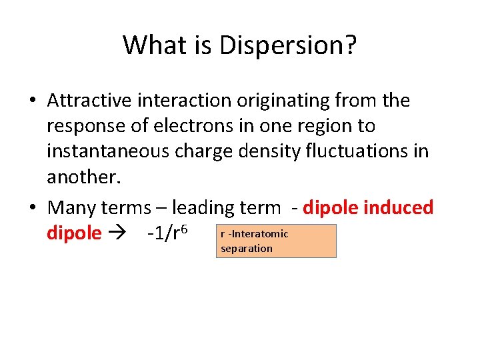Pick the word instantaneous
108,151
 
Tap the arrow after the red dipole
120,234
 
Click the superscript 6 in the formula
183,229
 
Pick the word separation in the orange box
246,249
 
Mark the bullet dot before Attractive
33,101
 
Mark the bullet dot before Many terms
33,208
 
